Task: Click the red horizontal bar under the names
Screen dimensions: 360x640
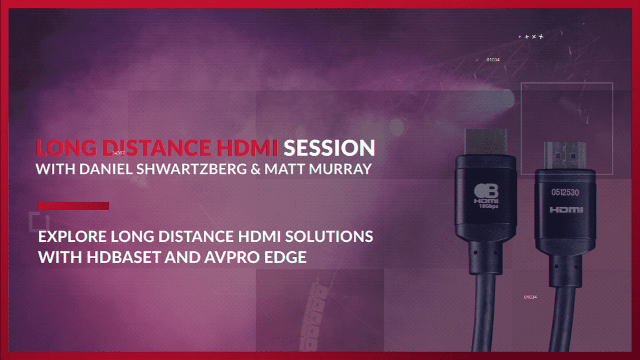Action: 73,206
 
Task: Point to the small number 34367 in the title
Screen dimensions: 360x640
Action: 117,152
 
